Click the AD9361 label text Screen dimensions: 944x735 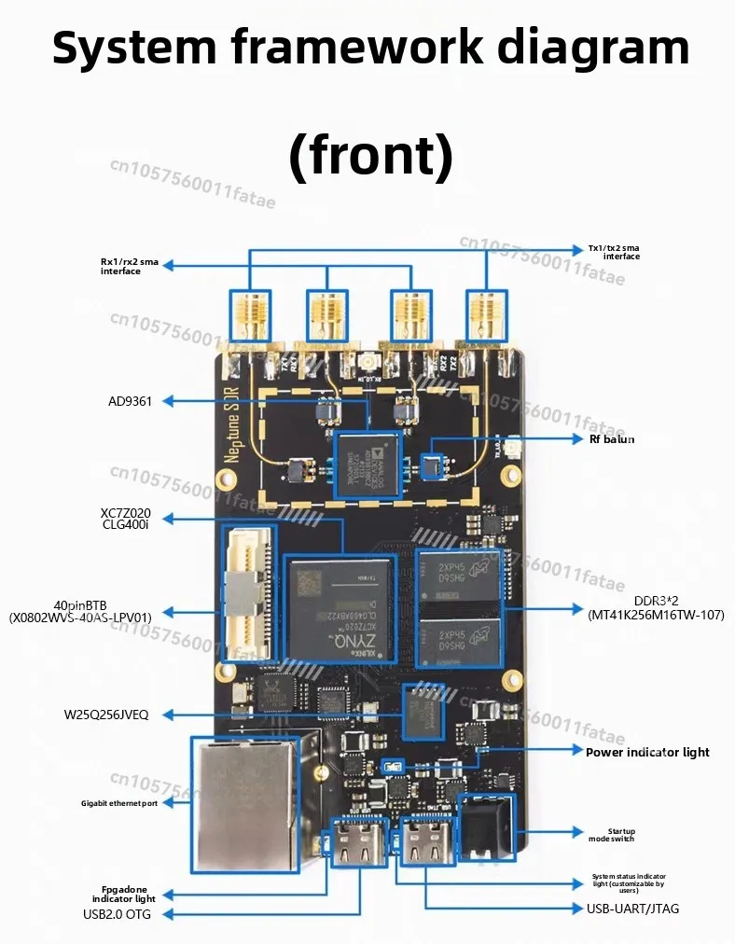click(129, 401)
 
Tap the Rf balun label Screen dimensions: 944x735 click(611, 438)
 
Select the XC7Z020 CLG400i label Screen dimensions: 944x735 click(125, 518)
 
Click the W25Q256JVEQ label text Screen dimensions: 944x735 click(105, 715)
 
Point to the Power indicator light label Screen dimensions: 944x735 click(647, 752)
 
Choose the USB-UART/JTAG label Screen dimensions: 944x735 click(632, 908)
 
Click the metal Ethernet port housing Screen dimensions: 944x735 click(245, 803)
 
